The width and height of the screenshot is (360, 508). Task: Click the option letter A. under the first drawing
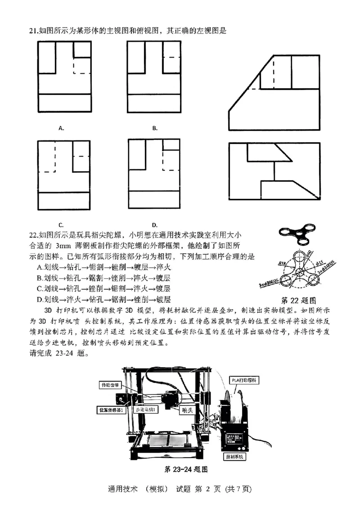point(61,128)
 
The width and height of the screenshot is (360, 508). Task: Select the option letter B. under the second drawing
point(155,128)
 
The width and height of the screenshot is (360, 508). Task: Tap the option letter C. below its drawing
point(61,224)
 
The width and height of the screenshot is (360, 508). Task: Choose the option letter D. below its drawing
point(154,224)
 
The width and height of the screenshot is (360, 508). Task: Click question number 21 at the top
point(33,30)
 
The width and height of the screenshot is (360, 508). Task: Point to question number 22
point(33,235)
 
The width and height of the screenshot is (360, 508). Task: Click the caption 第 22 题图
point(299,300)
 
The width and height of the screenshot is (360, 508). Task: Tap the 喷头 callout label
point(184,410)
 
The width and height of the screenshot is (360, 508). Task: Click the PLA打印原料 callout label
point(247,379)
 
